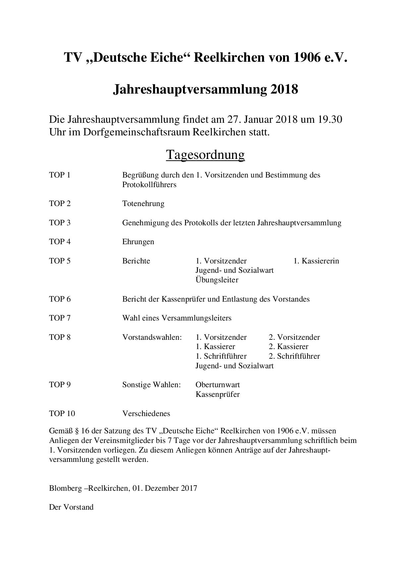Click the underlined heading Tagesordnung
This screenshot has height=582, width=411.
[205, 155]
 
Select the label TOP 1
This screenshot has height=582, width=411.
[60, 175]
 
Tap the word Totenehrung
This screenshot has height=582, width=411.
[143, 203]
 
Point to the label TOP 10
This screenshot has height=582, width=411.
[62, 413]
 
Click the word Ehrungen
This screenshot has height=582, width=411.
[138, 242]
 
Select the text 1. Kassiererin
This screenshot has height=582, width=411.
[316, 261]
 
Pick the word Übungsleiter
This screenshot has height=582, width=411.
[217, 280]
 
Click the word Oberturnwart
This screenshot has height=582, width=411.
[217, 385]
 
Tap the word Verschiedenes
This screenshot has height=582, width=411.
[146, 413]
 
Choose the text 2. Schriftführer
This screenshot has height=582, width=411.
[294, 356]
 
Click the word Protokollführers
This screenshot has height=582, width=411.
[149, 184]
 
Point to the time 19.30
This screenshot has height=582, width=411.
[330, 119]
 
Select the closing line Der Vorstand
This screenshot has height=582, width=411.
[71, 507]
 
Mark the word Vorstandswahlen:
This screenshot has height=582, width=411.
[152, 337]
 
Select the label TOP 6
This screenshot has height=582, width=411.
[60, 299]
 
